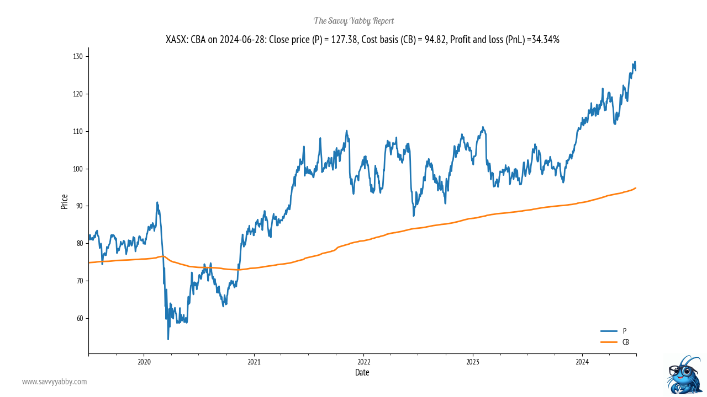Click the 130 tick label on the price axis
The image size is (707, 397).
coord(78,56)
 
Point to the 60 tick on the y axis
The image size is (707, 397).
coord(80,318)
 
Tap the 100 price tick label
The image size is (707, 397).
coord(78,169)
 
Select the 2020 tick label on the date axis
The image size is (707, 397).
coord(144,362)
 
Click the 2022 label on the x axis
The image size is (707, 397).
coord(363,362)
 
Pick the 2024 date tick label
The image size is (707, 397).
coord(582,362)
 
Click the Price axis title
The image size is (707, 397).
coord(65,201)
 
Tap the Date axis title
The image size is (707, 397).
coord(362,373)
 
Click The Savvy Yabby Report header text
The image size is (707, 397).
coord(353,21)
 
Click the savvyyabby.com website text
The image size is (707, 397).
coord(54,382)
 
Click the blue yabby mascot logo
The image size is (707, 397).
coord(683,375)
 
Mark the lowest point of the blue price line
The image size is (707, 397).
coord(168,339)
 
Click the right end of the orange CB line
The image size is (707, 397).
coord(636,188)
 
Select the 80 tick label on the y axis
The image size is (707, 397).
coord(80,243)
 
